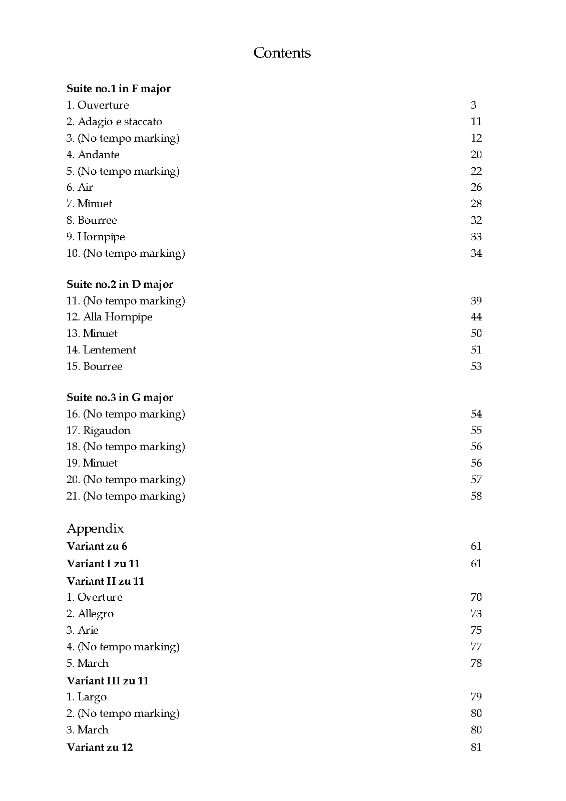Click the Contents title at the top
coord(282,53)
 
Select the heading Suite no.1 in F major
coord(119,89)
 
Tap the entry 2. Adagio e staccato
coord(114,122)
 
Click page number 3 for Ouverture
coord(473,105)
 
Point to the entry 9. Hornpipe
coord(96,237)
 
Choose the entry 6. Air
coord(80,187)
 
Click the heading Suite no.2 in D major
coord(120,284)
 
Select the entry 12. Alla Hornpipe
coord(109,317)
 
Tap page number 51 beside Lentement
coord(476,350)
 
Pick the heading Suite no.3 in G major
coord(120,397)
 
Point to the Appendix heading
coord(95,529)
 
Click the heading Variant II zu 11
coord(105,581)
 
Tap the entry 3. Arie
coord(83,630)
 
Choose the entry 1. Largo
coord(87,697)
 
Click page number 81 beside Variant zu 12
coord(476,747)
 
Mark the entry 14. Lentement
coord(101,350)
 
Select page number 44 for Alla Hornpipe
coord(476,317)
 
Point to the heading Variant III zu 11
coord(108,681)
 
